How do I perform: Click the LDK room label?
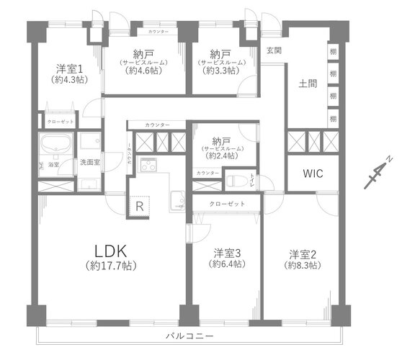pyautogui.click(x=111, y=251)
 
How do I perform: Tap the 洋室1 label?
pyautogui.click(x=71, y=69)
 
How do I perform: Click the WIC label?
pyautogui.click(x=313, y=174)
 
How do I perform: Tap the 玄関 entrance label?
pyautogui.click(x=274, y=50)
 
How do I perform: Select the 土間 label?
pyautogui.click(x=308, y=83)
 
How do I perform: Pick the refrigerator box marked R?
pyautogui.click(x=138, y=207)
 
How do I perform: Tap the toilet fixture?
pyautogui.click(x=236, y=179)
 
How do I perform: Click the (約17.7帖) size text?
pyautogui.click(x=111, y=266)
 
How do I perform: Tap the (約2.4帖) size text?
pyautogui.click(x=220, y=156)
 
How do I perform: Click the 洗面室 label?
pyautogui.click(x=90, y=162)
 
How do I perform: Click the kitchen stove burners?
pyautogui.click(x=148, y=165)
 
